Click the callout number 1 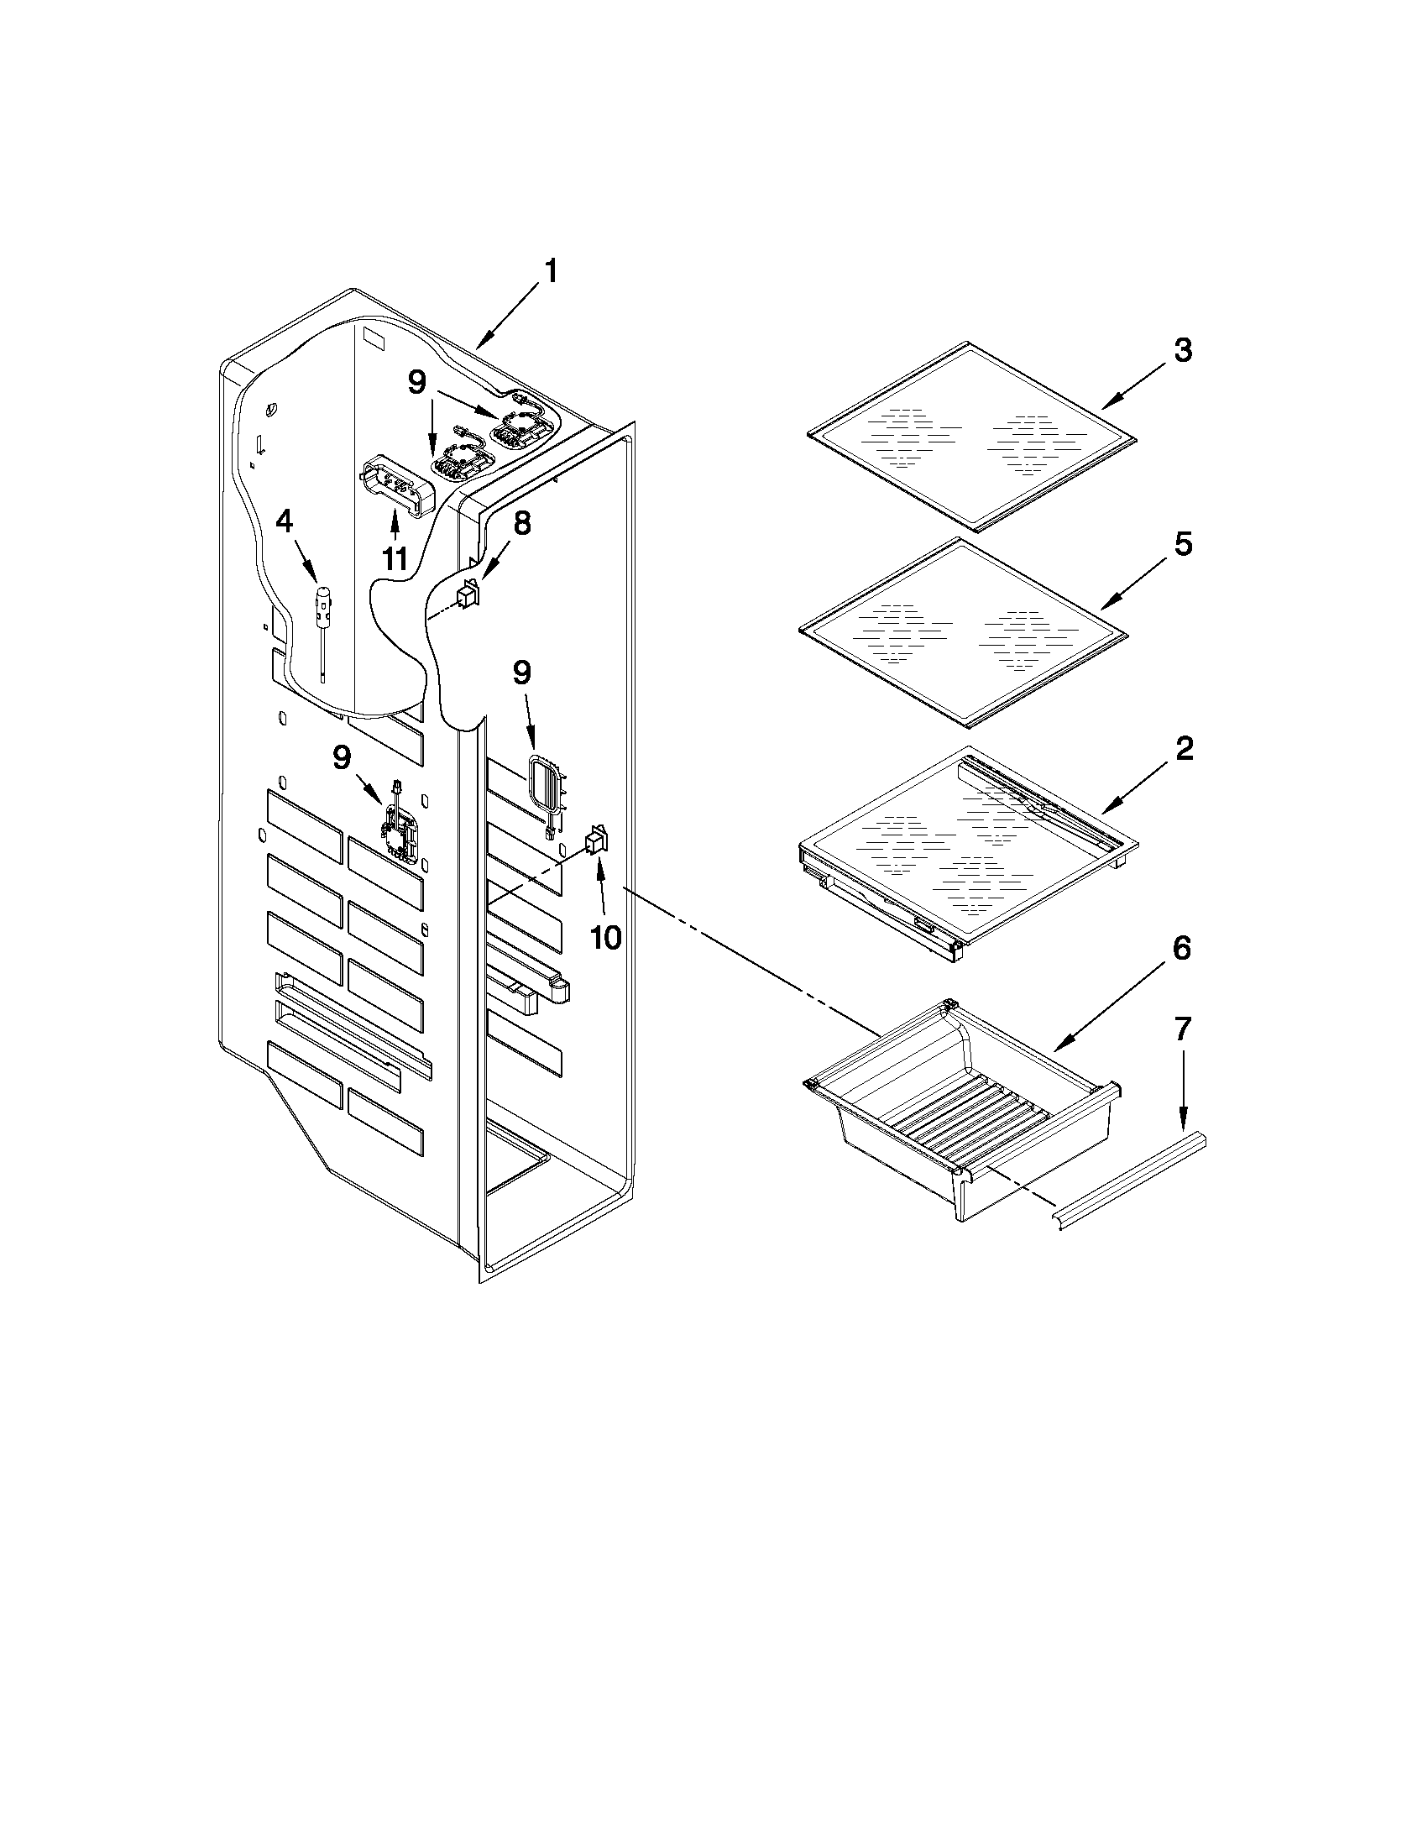tap(551, 273)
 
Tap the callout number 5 tap(1182, 545)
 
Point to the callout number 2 tap(1182, 748)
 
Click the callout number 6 tap(1182, 949)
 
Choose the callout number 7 tap(1182, 1029)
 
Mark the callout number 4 tap(285, 522)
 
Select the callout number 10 tap(606, 937)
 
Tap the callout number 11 tap(395, 559)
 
